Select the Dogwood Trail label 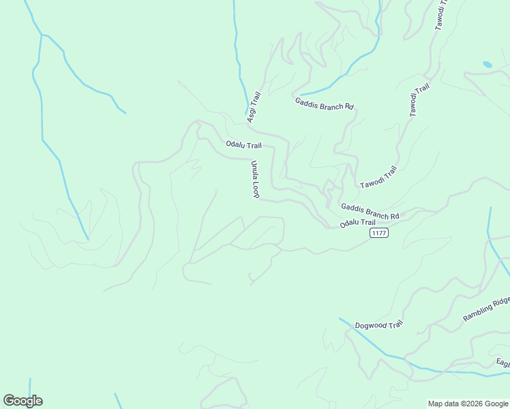point(379,325)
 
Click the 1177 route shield point(379,233)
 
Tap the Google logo point(22,401)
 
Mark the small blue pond point(487,65)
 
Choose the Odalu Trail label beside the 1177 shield point(357,223)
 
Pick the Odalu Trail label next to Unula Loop point(243,145)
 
